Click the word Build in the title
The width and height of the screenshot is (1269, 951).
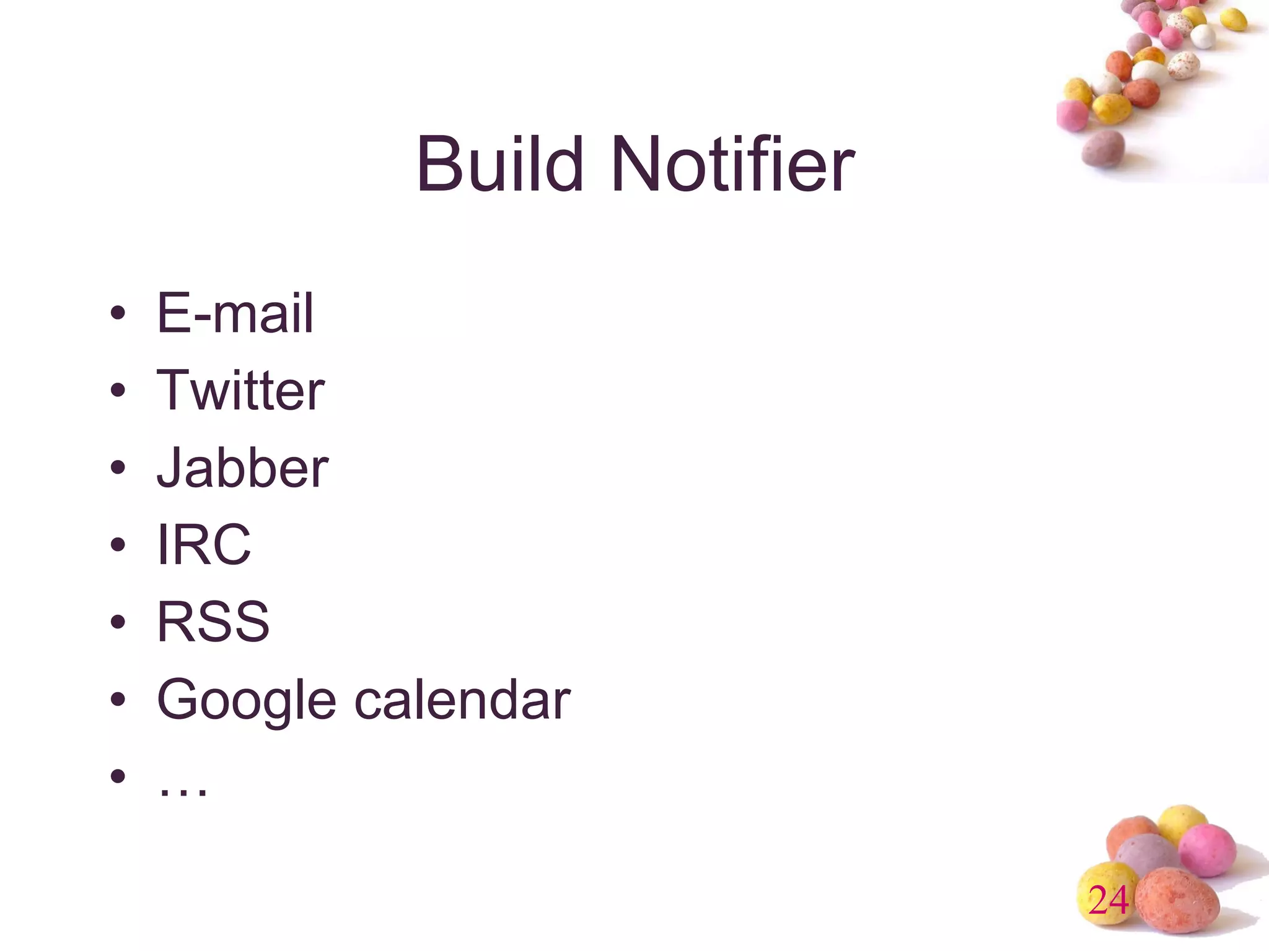click(499, 165)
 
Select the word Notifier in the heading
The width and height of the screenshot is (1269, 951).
click(732, 165)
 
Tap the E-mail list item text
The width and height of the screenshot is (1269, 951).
click(235, 313)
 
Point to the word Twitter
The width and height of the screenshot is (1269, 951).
click(240, 390)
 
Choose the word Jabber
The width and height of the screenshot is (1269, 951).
click(242, 467)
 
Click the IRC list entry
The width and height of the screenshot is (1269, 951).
click(204, 545)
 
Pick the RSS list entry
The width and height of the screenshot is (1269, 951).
click(213, 622)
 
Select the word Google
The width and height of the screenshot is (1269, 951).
click(247, 701)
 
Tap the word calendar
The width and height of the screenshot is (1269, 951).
click(462, 700)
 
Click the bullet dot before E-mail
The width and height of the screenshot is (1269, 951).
click(118, 314)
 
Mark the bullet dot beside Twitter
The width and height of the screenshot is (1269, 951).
click(118, 391)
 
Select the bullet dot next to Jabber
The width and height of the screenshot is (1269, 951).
click(118, 468)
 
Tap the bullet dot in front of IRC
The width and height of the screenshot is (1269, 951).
click(118, 545)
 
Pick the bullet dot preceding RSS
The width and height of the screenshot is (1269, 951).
click(118, 622)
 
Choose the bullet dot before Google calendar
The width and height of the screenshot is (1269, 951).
click(118, 700)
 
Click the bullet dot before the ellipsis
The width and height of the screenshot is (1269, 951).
click(118, 776)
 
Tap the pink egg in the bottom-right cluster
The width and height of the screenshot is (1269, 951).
click(1207, 849)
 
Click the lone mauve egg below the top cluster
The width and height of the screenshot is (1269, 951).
click(1103, 149)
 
